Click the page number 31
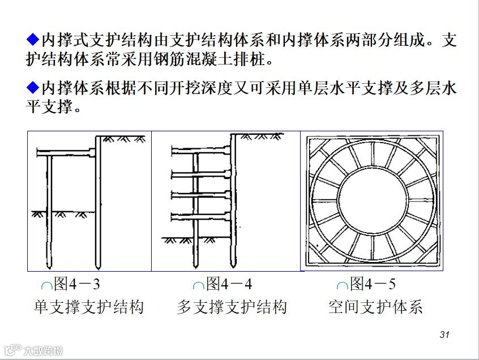coord(444,335)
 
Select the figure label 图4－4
coord(229,283)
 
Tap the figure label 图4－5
coord(373,283)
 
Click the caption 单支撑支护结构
coord(89,307)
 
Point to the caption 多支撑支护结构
coord(232,307)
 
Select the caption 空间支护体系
coord(375,307)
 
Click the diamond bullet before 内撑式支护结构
coord(32,40)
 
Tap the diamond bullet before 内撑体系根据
coord(32,89)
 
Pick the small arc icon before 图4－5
coord(341,286)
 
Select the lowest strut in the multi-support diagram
coord(201,216)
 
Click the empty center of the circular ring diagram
coord(371,201)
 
